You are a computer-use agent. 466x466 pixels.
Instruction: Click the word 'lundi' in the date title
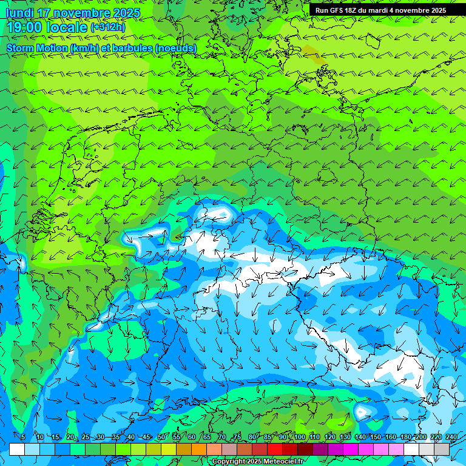tap(19, 13)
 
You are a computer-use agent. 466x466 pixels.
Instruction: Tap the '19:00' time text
tap(24, 27)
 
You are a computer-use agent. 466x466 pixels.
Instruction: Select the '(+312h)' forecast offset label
tap(108, 27)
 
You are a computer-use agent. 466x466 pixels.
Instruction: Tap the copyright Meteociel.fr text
tap(257, 462)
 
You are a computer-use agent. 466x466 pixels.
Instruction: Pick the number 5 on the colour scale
tap(22, 437)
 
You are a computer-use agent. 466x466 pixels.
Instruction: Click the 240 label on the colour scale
tap(451, 437)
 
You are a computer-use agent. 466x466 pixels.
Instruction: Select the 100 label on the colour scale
tap(300, 437)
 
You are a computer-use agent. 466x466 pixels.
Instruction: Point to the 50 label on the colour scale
tap(161, 437)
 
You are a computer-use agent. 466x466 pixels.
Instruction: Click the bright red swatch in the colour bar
tap(275, 449)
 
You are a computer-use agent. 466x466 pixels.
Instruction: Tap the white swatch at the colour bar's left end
tap(17, 449)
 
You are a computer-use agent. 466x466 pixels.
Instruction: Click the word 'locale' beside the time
tap(67, 27)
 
